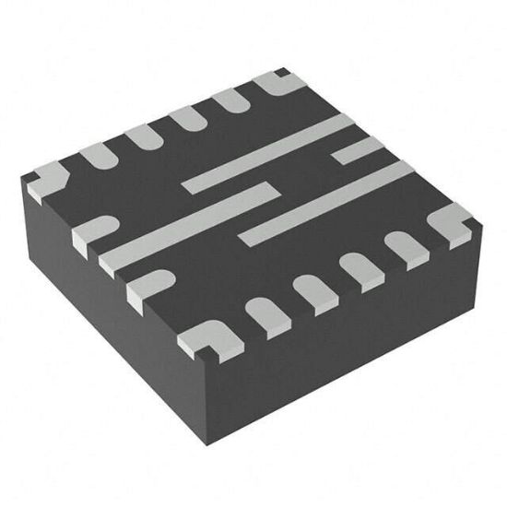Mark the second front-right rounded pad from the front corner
click(x=312, y=293)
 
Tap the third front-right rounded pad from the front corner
click(x=360, y=269)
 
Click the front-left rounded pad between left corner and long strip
click(x=92, y=230)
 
